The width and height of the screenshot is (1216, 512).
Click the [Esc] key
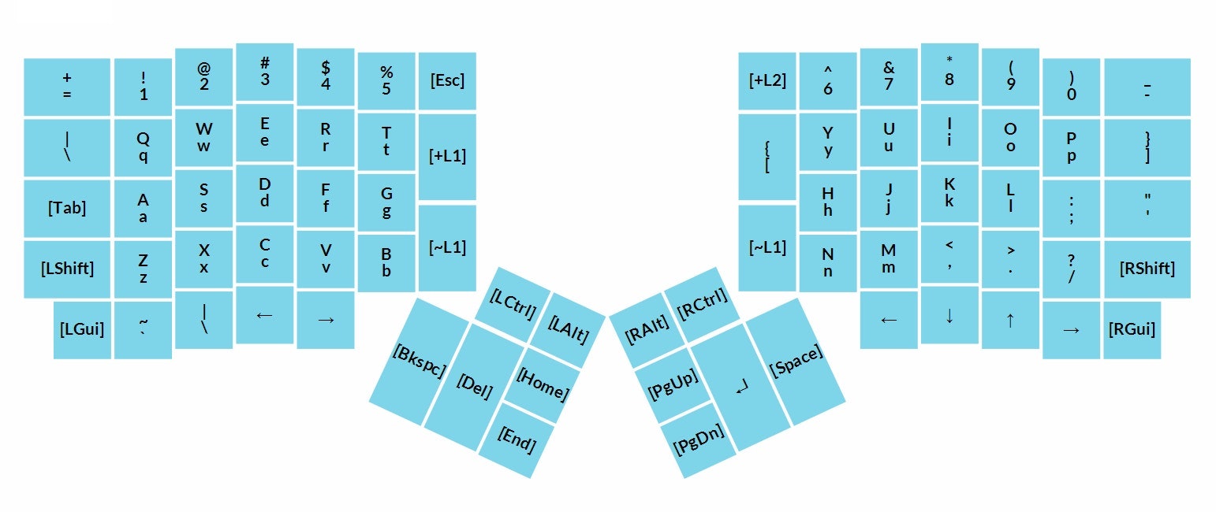click(x=447, y=81)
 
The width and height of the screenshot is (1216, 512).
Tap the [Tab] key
click(x=67, y=208)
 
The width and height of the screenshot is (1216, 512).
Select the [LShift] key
click(x=67, y=269)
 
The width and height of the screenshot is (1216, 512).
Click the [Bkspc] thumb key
click(x=419, y=362)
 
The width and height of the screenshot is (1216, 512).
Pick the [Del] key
click(x=475, y=387)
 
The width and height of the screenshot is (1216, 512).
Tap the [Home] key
click(x=543, y=385)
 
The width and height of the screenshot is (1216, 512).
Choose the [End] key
click(x=517, y=440)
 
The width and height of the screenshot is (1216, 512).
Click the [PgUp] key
click(x=673, y=385)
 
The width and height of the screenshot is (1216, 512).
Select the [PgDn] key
click(x=698, y=440)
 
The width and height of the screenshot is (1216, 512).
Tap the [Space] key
click(x=796, y=362)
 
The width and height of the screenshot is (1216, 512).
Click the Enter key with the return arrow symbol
click(x=741, y=387)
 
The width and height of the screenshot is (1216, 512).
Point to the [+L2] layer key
click(x=767, y=81)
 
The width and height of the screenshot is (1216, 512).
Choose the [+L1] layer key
click(x=447, y=157)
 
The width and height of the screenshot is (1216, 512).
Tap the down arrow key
click(x=949, y=316)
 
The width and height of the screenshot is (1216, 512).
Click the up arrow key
click(x=1010, y=321)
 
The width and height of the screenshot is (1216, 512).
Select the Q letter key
click(x=143, y=147)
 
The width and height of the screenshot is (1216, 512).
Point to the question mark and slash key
click(x=1071, y=269)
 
